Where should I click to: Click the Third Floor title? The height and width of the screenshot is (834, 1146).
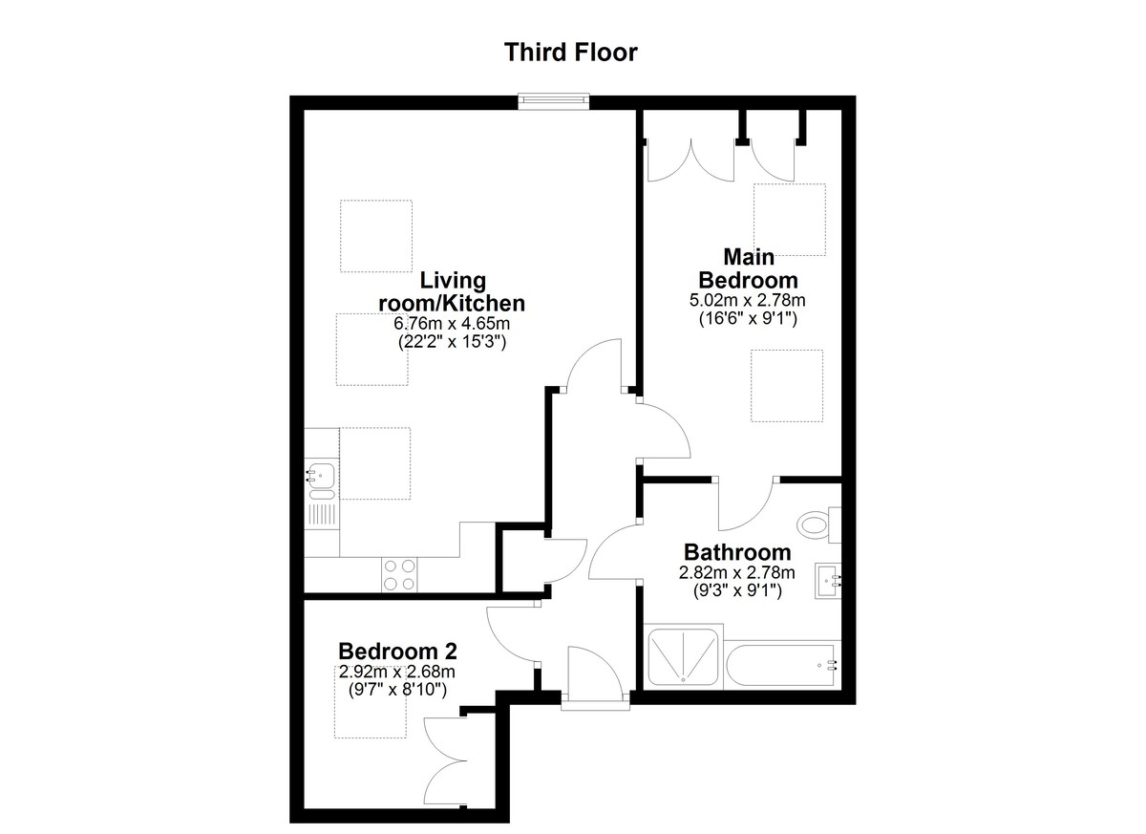click(x=570, y=53)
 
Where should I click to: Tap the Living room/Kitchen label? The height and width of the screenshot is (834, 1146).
click(x=452, y=292)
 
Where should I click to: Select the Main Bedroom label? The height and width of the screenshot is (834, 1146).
click(x=748, y=268)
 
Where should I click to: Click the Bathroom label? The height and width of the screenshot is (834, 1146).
click(x=737, y=552)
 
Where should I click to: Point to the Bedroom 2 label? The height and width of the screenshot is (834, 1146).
click(x=397, y=652)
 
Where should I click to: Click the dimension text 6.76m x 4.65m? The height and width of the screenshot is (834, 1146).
click(x=452, y=323)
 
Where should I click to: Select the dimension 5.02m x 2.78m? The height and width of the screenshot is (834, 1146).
click(x=748, y=300)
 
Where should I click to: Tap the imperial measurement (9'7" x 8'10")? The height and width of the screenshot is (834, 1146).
click(x=397, y=690)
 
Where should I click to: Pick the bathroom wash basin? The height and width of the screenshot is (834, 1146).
click(x=828, y=581)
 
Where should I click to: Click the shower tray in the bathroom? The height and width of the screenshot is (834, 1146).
click(x=683, y=656)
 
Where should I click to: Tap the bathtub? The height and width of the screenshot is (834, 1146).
click(x=783, y=665)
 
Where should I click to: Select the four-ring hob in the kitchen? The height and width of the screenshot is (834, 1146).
click(x=399, y=574)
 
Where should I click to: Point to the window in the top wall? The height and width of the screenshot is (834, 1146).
click(x=554, y=101)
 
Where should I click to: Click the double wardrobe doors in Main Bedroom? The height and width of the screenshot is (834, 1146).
click(x=721, y=160)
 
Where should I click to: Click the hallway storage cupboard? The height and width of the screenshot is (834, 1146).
click(x=523, y=561)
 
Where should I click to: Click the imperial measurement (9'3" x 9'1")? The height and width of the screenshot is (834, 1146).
click(x=737, y=591)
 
